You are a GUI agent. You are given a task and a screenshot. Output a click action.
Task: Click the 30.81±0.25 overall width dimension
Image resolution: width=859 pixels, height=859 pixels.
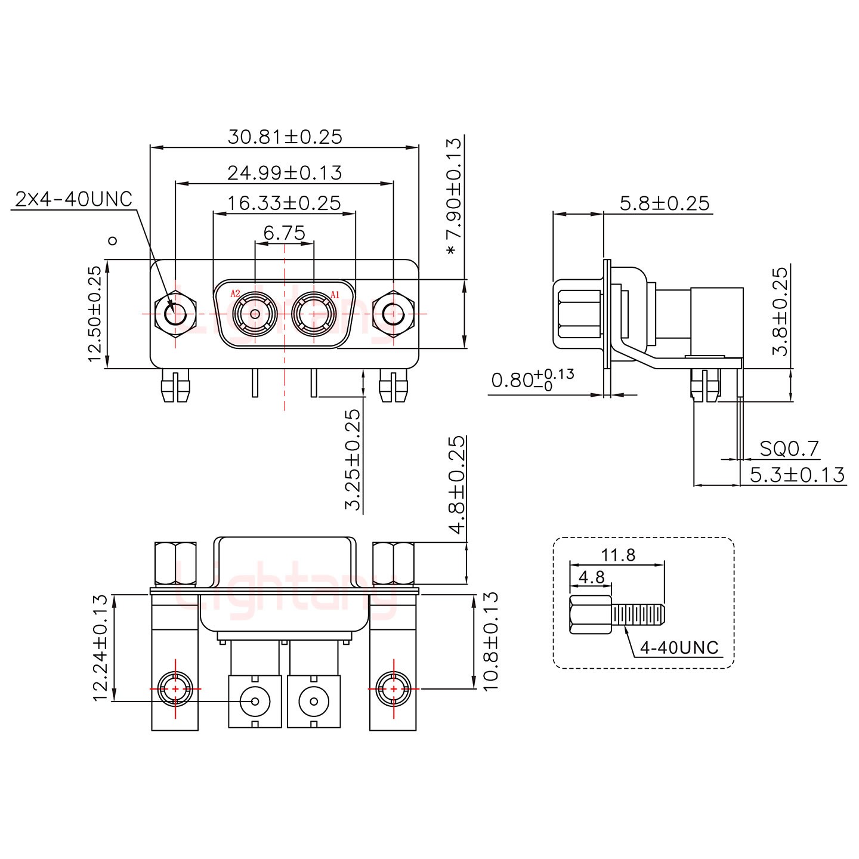pyautogui.click(x=285, y=137)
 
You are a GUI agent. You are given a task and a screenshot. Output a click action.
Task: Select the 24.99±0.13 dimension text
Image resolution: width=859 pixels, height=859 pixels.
pyautogui.click(x=285, y=173)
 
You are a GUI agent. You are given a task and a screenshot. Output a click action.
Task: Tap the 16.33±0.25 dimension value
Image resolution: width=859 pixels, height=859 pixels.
pyautogui.click(x=284, y=203)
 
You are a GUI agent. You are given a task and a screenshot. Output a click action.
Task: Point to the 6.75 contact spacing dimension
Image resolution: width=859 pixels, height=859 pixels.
pyautogui.click(x=285, y=233)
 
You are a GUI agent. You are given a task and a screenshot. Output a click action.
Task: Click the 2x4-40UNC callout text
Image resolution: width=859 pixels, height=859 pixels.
pyautogui.click(x=73, y=199)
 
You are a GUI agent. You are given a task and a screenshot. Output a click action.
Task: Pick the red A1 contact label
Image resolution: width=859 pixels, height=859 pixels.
pyautogui.click(x=335, y=293)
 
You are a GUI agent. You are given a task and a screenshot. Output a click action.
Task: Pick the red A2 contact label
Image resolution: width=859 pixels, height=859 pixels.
pyautogui.click(x=235, y=293)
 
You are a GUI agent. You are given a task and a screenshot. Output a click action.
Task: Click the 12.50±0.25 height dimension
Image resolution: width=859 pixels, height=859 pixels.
pyautogui.click(x=95, y=314)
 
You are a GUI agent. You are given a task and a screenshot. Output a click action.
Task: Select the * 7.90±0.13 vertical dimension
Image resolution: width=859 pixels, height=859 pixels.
pyautogui.click(x=455, y=197)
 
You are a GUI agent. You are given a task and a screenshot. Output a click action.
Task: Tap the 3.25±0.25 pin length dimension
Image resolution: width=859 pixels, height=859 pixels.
pyautogui.click(x=353, y=459)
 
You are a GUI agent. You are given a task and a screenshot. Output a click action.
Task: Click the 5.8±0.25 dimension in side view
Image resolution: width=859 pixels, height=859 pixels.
pyautogui.click(x=665, y=204)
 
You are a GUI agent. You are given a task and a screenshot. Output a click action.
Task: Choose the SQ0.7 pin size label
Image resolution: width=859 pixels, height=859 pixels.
pyautogui.click(x=789, y=448)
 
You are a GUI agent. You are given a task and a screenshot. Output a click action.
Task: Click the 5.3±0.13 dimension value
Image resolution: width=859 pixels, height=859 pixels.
pyautogui.click(x=797, y=475)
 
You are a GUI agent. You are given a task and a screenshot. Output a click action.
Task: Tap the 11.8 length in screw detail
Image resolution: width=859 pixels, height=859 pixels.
pyautogui.click(x=618, y=555)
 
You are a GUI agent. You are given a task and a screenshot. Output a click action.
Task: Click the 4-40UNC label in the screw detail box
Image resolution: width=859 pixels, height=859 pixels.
pyautogui.click(x=679, y=648)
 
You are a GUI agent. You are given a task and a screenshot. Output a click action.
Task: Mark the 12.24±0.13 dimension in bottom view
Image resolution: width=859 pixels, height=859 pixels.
pyautogui.click(x=101, y=647)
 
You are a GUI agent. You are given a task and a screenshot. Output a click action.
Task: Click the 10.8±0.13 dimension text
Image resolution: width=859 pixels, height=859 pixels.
pyautogui.click(x=489, y=641)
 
